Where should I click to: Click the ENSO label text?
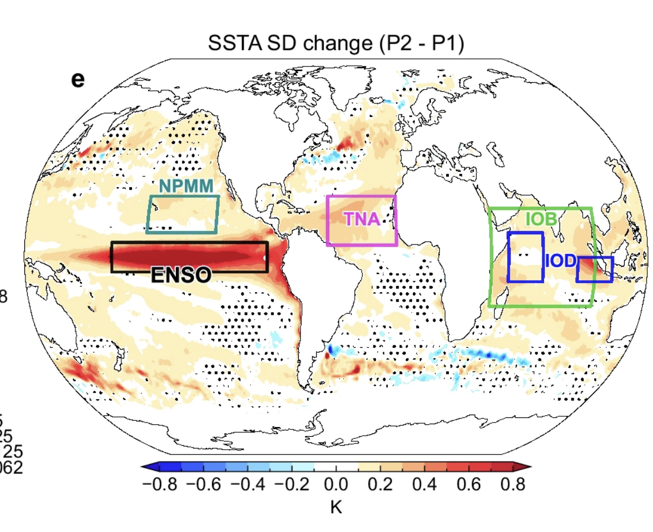pyautogui.click(x=181, y=275)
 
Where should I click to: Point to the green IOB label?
pyautogui.click(x=540, y=219)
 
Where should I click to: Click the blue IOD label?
pyautogui.click(x=560, y=261)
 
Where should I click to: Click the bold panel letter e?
pyautogui.click(x=78, y=79)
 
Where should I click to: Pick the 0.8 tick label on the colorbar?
pyautogui.click(x=512, y=485)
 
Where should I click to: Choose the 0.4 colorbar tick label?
pyautogui.click(x=424, y=485)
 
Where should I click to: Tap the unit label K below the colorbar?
pyautogui.click(x=336, y=506)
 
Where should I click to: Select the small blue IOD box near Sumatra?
pyautogui.click(x=595, y=269)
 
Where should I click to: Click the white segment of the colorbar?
pyautogui.click(x=336, y=467)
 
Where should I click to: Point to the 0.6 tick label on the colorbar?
pyautogui.click(x=468, y=485)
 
